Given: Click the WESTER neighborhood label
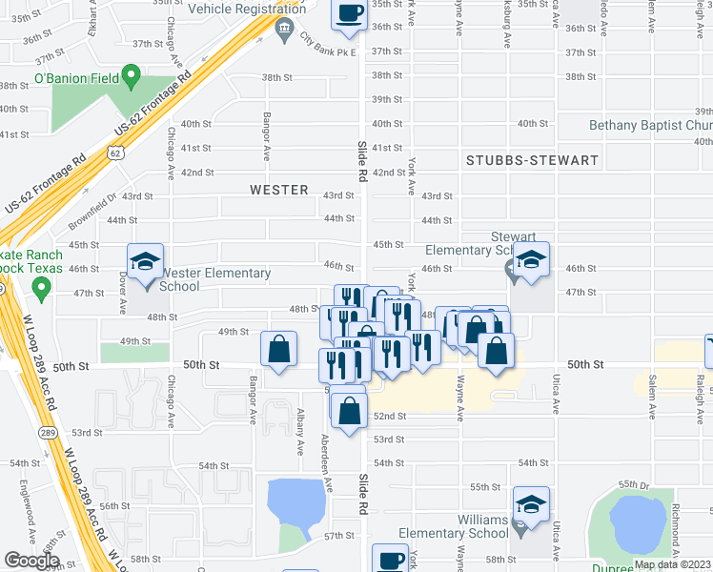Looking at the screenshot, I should [x=279, y=190].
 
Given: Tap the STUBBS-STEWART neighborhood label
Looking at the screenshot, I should [x=532, y=160].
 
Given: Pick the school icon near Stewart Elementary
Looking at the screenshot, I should [x=530, y=258].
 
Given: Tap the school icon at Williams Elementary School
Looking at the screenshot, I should [x=531, y=503].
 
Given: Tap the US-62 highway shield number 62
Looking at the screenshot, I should [x=114, y=153].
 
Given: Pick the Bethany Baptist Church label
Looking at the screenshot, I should [x=650, y=125].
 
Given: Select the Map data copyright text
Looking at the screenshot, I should [x=672, y=564].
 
